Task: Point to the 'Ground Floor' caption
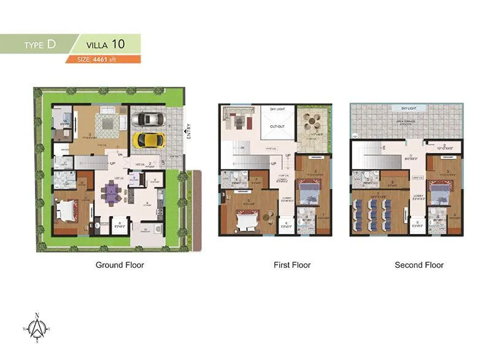pyautogui.click(x=120, y=265)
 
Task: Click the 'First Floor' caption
pyautogui.click(x=292, y=265)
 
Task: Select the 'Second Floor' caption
pyautogui.click(x=419, y=265)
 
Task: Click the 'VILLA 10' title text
pyautogui.click(x=106, y=44)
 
